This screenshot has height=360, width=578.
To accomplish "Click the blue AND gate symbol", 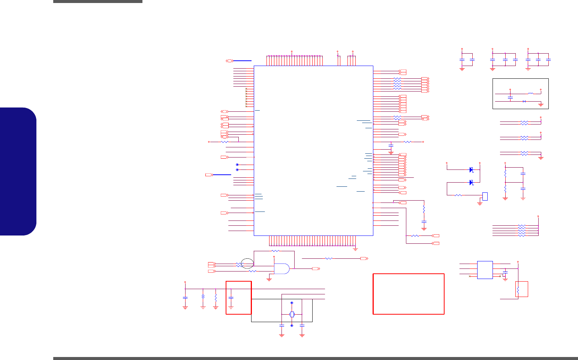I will pos(282,268).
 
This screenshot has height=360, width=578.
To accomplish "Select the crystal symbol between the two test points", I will pos(292,314).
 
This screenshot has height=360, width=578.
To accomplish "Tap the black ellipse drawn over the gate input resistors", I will pos(247,264).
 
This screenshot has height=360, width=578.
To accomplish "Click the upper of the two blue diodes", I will pos(471,170).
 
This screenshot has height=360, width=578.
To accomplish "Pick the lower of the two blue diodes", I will pos(471,183).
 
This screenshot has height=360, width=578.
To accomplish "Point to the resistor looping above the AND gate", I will pos(276,251).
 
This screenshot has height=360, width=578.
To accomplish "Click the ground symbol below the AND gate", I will pos(269,279).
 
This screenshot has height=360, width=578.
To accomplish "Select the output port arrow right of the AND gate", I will pos(316,269).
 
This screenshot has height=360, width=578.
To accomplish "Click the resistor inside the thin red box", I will pos(518,290).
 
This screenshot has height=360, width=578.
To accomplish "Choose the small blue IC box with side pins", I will pos(485,270).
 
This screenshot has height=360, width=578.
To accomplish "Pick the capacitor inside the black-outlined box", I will pos(510,97).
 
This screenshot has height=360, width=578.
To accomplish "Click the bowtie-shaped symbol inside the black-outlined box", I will pos(524,101).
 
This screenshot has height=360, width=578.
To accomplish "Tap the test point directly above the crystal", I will pos(292,303).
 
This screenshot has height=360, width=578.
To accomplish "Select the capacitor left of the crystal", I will pos(282,326).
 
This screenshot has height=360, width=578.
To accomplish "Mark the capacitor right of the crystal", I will pos(302,326).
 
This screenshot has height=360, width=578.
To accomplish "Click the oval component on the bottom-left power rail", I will pos(203,297).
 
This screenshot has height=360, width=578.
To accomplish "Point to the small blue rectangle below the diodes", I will pos(485,196).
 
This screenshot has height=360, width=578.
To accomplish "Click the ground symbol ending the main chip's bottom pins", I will pos(355,249).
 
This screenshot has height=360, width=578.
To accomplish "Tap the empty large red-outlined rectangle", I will pos(409,294).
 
